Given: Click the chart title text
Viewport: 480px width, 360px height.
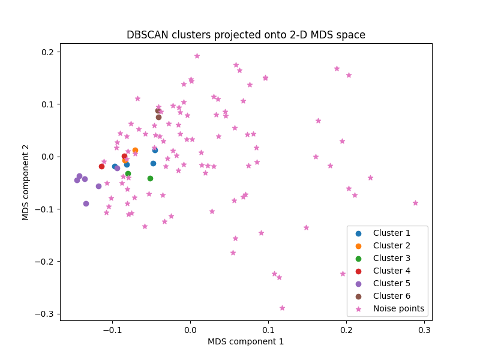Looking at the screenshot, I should [x=245, y=35].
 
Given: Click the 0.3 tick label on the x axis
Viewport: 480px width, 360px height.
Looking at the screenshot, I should [x=424, y=330].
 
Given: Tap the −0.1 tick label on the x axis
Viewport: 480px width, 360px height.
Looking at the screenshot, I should [x=112, y=330].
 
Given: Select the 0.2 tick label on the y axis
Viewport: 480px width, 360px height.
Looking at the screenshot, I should [x=47, y=52].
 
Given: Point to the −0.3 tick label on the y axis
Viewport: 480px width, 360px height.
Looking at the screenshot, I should [x=44, y=314].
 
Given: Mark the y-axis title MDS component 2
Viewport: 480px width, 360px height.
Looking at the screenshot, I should [x=26, y=182].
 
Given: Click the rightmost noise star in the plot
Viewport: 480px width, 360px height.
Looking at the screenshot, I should [x=415, y=203].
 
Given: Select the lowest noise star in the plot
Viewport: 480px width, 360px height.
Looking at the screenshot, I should [x=282, y=308].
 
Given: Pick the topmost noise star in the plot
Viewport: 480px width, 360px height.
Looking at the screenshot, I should [x=197, y=56].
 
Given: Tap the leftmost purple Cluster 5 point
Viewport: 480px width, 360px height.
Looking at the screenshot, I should [x=77, y=180].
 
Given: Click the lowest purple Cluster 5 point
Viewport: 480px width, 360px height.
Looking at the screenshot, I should [x=86, y=203].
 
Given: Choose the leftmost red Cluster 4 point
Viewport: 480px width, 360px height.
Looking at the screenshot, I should [x=101, y=166].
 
